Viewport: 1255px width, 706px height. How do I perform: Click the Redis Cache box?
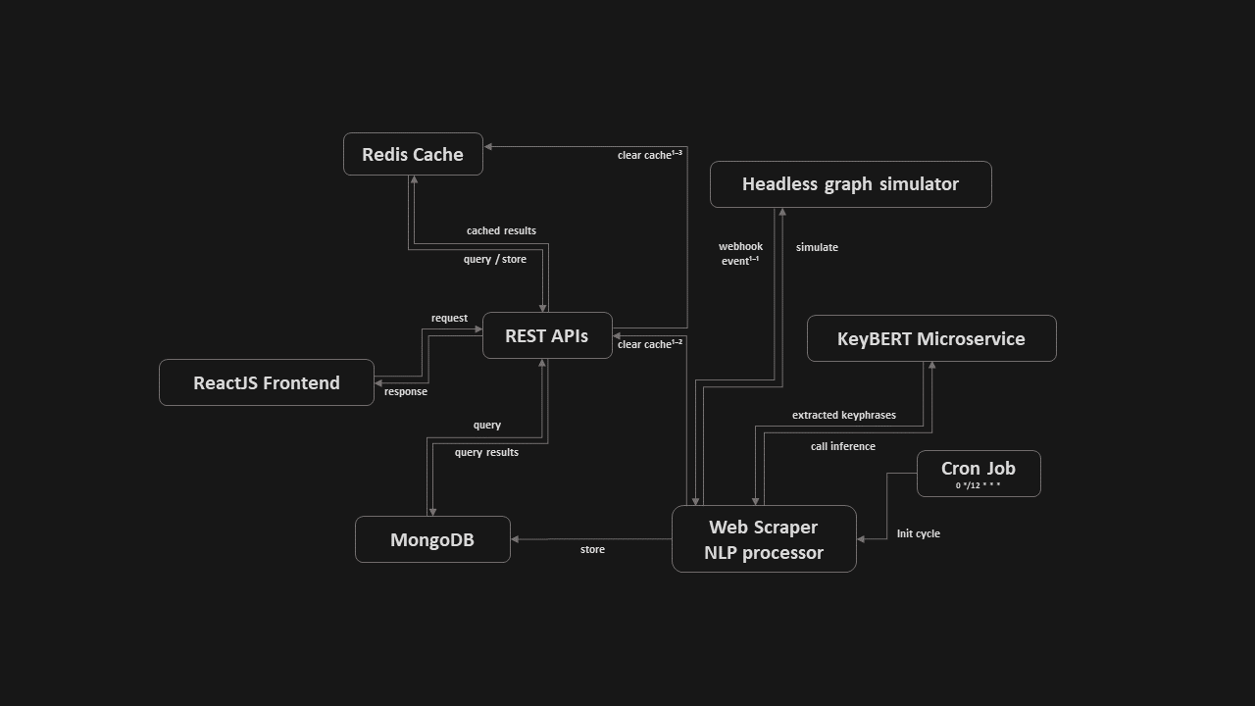(413, 154)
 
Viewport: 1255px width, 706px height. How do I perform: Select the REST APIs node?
(547, 335)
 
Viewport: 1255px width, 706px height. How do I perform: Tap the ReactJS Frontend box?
(267, 382)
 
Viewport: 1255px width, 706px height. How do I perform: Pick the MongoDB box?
(432, 539)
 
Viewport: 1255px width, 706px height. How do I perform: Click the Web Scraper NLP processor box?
(764, 539)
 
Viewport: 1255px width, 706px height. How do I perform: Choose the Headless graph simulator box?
(850, 184)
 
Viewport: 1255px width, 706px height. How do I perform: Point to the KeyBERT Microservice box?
(930, 338)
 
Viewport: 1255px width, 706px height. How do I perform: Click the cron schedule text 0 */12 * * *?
(978, 485)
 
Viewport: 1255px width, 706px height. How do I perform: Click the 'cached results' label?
(501, 230)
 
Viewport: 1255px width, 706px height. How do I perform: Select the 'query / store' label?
(494, 259)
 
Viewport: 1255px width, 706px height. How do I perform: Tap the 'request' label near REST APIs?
(449, 318)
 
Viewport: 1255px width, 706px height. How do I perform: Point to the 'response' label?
(405, 391)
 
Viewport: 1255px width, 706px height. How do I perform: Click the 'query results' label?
(486, 452)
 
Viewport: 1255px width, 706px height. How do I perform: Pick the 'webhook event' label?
(740, 253)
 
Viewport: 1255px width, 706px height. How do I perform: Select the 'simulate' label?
(817, 247)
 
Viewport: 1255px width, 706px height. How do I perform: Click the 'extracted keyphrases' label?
(843, 415)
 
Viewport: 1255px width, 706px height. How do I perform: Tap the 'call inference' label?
(842, 446)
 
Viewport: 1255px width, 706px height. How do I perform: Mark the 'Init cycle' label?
(918, 533)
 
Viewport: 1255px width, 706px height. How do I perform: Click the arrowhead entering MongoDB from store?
(516, 539)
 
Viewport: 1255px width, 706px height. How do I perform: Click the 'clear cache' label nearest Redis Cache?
(648, 155)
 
